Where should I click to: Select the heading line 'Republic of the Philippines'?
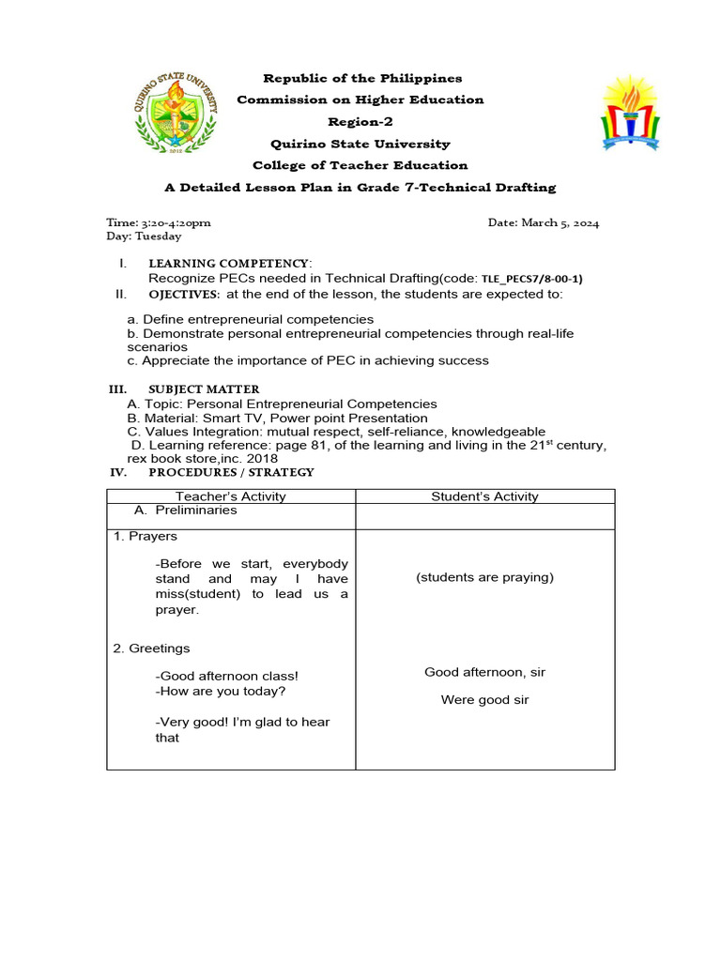(361, 78)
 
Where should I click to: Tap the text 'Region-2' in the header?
(360, 122)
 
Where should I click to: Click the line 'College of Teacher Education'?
(360, 165)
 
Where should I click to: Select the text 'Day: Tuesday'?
(144, 236)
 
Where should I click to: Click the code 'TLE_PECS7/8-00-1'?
(530, 279)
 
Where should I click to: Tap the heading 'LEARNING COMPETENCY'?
(228, 264)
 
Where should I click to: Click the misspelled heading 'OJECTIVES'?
(184, 294)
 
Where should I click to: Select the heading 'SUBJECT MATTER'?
(204, 389)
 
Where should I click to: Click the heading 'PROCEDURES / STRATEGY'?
(231, 472)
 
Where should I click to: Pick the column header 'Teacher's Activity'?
(231, 496)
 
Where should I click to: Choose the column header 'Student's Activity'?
(484, 496)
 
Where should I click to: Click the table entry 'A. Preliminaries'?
(186, 511)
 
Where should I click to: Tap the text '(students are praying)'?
(484, 577)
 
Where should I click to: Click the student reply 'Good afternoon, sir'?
(484, 672)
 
